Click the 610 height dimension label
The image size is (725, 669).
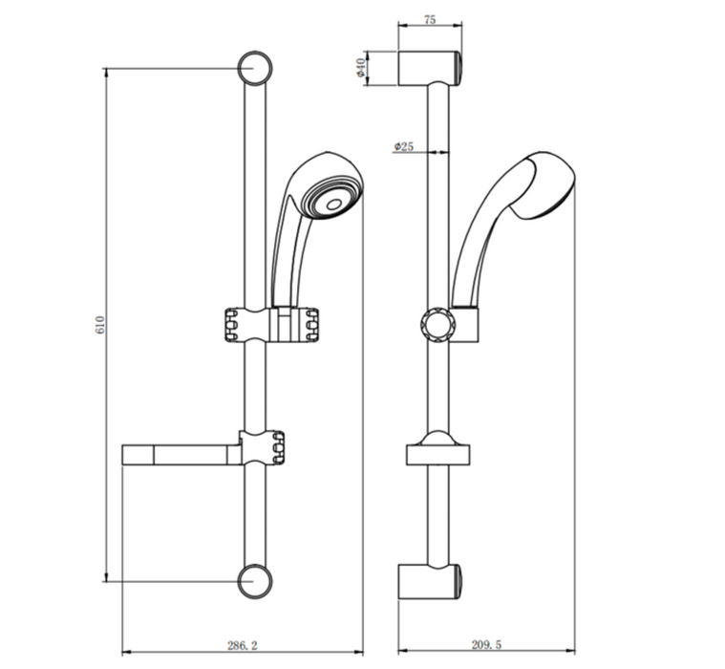98,324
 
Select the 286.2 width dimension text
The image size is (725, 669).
245,647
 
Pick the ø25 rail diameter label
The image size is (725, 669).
403,146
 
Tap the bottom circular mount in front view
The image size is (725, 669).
254,579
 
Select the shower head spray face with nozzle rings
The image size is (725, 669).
331,195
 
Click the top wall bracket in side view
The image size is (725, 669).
430,68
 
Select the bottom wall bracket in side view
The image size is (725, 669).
430,580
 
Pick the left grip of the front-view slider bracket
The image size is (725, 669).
229,324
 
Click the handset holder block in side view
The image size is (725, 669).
466,325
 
